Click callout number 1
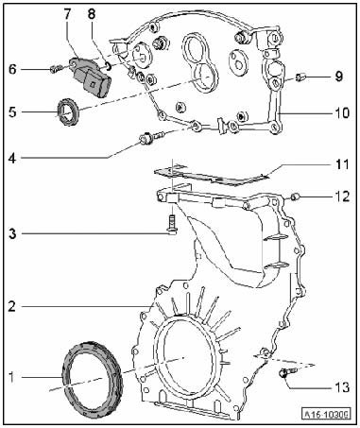11,377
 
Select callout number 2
12,306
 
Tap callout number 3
12,234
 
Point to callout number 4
12,158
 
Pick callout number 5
12,111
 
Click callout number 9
338,77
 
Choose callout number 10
342,112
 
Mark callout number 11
342,164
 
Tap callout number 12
342,197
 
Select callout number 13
342,386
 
